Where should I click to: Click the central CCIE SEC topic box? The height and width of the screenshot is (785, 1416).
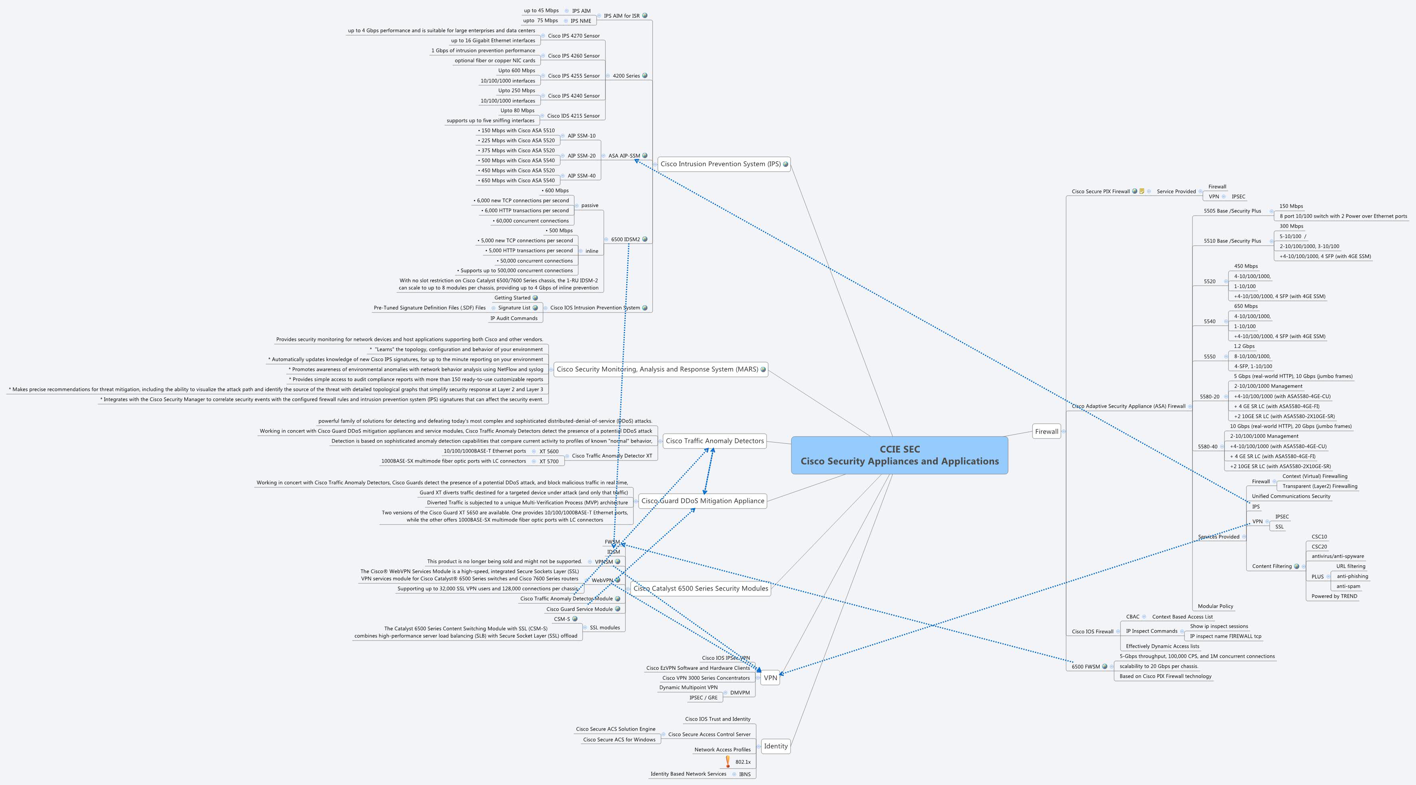tap(899, 455)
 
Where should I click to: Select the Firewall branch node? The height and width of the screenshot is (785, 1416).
tap(1046, 432)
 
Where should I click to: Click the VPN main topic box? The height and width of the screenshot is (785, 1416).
tap(770, 678)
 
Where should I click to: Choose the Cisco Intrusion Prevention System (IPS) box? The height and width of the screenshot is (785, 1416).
tap(720, 164)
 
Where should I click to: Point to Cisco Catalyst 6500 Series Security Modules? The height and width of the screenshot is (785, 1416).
tap(700, 589)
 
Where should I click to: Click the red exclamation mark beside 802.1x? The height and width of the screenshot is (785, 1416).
tap(728, 761)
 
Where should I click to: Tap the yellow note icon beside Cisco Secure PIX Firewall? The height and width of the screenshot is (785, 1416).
tap(1142, 191)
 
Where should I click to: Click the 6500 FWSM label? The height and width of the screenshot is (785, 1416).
tap(1085, 667)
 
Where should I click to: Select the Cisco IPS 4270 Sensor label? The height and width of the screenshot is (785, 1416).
tap(573, 36)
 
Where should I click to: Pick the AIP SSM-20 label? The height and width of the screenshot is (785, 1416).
tap(581, 156)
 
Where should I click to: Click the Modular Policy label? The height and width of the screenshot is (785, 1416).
tap(1215, 606)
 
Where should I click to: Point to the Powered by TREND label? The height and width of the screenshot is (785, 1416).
tap(1334, 596)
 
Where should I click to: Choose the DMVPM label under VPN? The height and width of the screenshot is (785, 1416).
tap(739, 693)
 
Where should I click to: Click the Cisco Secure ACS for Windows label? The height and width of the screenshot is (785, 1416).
tap(619, 740)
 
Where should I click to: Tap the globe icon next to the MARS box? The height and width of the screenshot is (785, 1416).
tap(763, 370)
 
